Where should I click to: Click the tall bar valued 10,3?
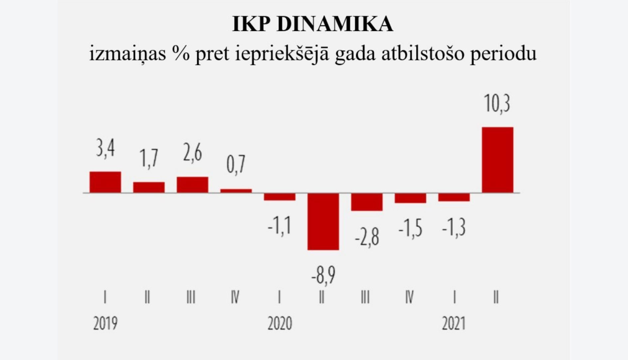pyautogui.click(x=497, y=160)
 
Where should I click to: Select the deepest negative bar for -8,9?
pyautogui.click(x=323, y=221)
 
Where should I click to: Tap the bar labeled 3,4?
pyautogui.click(x=105, y=182)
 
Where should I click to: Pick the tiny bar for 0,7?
pyautogui.click(x=236, y=191)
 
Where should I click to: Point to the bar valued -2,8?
pyautogui.click(x=367, y=202)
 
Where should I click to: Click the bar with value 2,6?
pyautogui.click(x=193, y=185)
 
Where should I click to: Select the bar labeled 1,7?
pyautogui.click(x=149, y=187)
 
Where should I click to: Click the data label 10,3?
pyautogui.click(x=497, y=103)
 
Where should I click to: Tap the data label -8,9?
pyautogui.click(x=323, y=275)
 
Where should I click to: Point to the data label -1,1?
pyautogui.click(x=279, y=226)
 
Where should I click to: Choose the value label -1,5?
pyautogui.click(x=410, y=229)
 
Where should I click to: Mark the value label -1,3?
pyautogui.click(x=454, y=227)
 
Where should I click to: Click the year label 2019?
pyautogui.click(x=105, y=323)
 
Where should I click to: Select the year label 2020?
pyautogui.click(x=280, y=323)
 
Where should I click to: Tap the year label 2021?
pyautogui.click(x=454, y=323)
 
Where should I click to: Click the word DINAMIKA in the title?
pyautogui.click(x=335, y=24)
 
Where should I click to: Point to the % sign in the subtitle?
pyautogui.click(x=181, y=54)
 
